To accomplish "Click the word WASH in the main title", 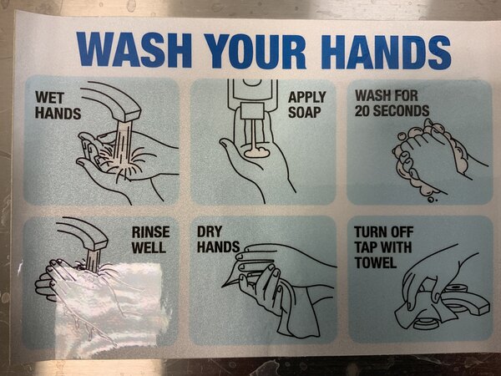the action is click(134, 50).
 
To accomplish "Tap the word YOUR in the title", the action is click(256, 52).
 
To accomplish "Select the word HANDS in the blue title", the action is click(386, 52).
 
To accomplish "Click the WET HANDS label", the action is click(58, 105).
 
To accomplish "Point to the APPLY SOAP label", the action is click(306, 104).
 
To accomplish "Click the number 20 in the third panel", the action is click(362, 111).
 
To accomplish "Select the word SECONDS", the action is click(401, 111).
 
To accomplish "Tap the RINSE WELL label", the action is click(150, 240).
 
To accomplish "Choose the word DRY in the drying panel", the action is click(210, 231).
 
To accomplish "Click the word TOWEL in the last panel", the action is click(376, 263).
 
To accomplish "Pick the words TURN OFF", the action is click(384, 232).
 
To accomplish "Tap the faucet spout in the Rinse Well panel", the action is click(83, 233).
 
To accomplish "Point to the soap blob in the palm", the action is click(256, 153).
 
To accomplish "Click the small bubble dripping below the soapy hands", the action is click(432, 200).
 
